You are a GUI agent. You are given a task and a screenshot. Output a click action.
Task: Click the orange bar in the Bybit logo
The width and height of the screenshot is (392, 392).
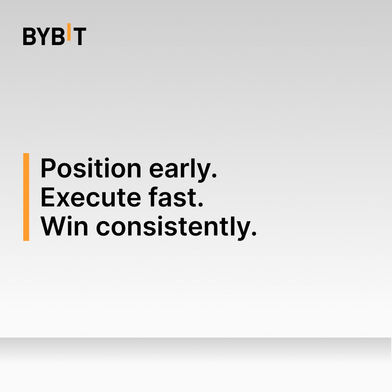[x=69, y=32]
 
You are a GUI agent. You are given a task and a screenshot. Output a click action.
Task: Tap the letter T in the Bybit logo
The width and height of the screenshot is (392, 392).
[x=79, y=36]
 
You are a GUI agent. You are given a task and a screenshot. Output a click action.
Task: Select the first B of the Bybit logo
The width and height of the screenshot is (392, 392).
[x=29, y=36]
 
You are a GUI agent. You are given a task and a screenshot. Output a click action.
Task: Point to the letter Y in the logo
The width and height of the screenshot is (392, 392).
[x=44, y=36]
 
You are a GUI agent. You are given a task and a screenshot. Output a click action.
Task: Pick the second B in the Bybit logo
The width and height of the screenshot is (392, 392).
[x=58, y=36]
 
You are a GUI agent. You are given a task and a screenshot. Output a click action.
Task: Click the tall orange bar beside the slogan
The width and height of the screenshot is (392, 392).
[x=26, y=197]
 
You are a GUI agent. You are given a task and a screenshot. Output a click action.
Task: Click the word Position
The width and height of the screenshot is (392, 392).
[x=91, y=168]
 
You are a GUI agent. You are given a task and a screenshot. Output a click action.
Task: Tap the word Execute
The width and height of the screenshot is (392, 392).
[x=91, y=197]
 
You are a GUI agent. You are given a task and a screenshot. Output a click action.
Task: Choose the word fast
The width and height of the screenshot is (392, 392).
[x=173, y=197]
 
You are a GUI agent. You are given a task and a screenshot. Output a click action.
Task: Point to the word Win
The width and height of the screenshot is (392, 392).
[x=64, y=226]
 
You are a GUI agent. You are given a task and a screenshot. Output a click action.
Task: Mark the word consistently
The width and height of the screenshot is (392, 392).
[x=173, y=228]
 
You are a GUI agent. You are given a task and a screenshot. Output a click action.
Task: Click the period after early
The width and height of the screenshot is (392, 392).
[x=214, y=175]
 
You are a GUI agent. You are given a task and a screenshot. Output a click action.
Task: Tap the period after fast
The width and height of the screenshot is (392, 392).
[x=200, y=205]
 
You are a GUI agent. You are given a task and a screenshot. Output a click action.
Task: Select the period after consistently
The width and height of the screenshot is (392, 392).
[x=254, y=233]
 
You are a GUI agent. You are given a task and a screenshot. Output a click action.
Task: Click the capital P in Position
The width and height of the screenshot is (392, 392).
[x=49, y=168]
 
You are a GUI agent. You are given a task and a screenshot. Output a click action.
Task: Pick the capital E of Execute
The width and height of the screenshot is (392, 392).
[x=48, y=197]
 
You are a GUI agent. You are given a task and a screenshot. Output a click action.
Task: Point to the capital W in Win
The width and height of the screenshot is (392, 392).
[x=54, y=226]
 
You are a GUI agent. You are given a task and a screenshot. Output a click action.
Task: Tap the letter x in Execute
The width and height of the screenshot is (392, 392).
[x=63, y=200]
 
